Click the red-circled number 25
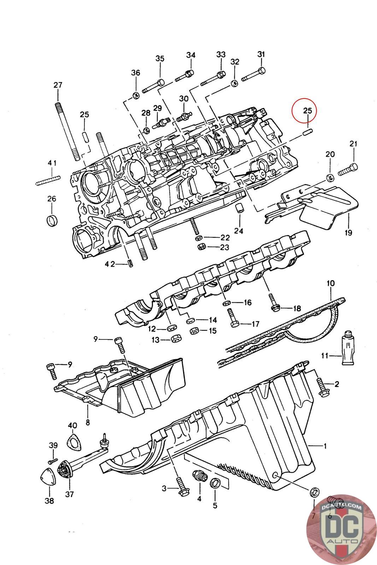[x=307, y=111]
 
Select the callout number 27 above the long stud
[x=58, y=85]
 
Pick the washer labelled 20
[x=330, y=177]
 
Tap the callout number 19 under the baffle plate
[x=348, y=232]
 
